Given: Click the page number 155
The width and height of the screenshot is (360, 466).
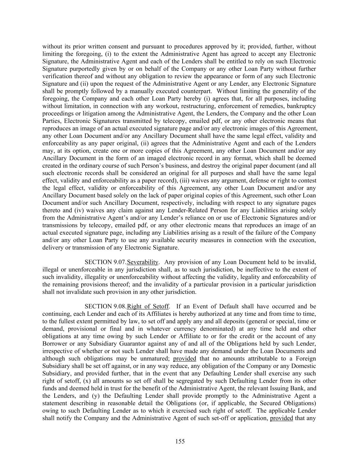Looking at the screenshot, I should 180,441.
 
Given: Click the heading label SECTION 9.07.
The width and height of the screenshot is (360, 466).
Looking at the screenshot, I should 105,262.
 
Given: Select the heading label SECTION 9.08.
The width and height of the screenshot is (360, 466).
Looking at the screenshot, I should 105,307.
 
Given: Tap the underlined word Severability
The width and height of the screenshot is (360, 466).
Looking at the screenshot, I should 143,262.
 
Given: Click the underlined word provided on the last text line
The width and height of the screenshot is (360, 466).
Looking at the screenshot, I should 281,418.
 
